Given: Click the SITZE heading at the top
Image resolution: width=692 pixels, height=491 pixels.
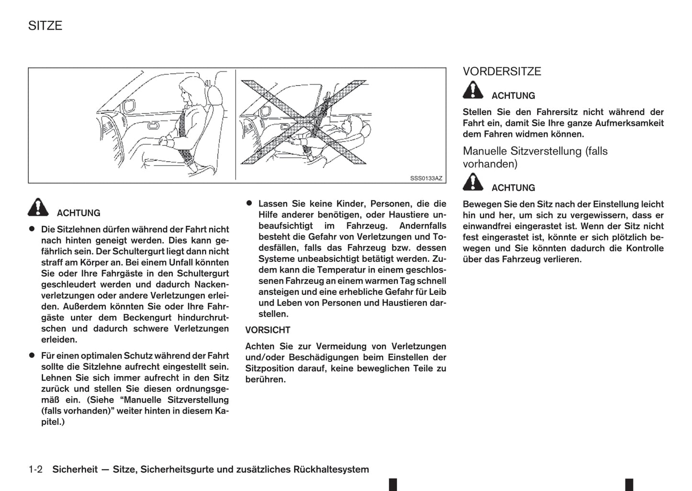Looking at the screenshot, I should [45, 25].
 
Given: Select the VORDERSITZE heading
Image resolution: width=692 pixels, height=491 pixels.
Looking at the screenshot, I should [501, 71].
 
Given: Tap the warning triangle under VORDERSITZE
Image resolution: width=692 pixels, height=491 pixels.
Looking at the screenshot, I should [473, 90].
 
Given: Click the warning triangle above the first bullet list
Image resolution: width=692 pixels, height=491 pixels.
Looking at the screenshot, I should [38, 207].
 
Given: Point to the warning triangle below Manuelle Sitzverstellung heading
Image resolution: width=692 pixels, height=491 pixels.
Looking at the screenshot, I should [473, 182].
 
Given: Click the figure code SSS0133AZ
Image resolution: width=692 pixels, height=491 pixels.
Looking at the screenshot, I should [426, 179].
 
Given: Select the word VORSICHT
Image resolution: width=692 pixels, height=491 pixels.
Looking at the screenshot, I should [268, 330].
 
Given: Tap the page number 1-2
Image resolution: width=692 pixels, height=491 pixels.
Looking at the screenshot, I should [35, 469].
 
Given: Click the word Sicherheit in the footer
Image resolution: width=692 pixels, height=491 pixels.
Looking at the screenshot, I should [75, 469].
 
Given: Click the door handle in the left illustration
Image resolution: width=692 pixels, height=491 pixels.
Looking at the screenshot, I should [154, 126].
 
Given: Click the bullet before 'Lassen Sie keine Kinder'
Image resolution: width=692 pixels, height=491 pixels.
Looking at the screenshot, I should [249, 203].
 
